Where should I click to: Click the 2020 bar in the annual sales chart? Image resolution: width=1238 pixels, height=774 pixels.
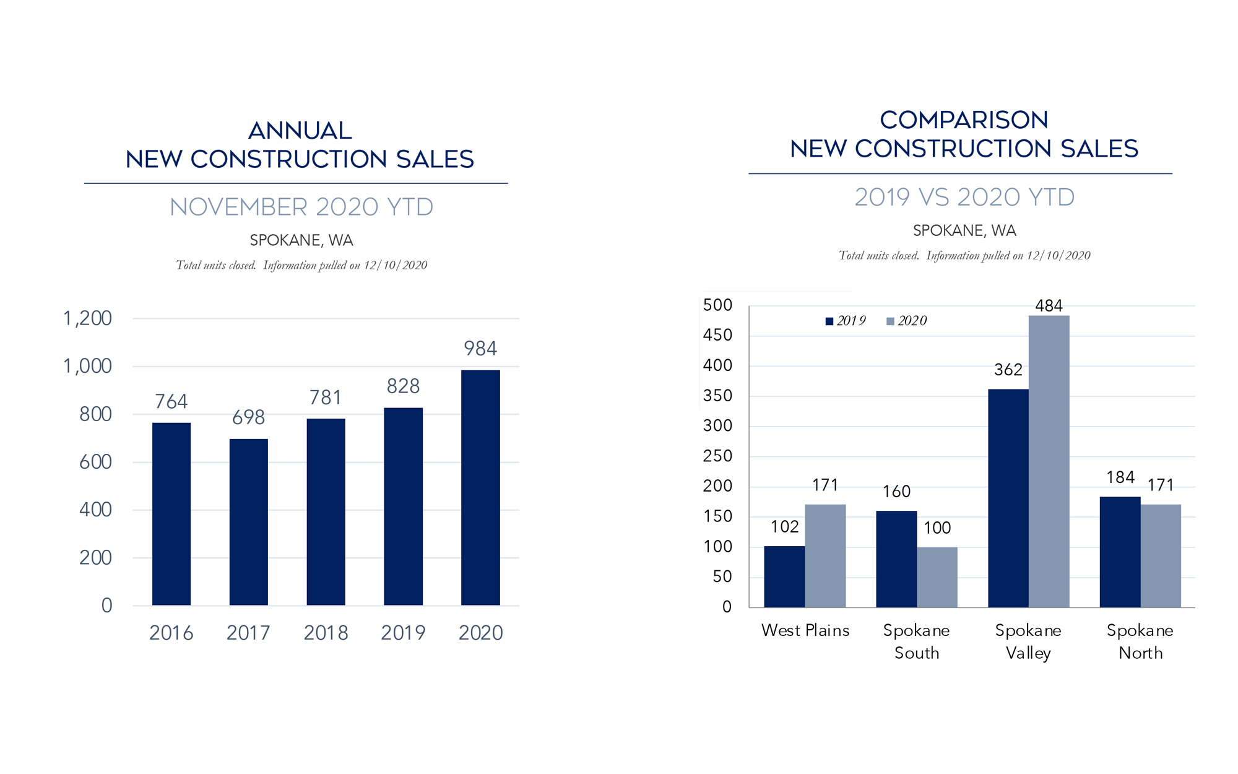pyautogui.click(x=480, y=487)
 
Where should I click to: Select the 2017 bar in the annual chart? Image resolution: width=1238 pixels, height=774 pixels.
pyautogui.click(x=248, y=522)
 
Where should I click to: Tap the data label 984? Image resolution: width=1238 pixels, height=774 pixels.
pyautogui.click(x=480, y=349)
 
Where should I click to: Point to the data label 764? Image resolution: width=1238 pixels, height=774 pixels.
pyautogui.click(x=171, y=401)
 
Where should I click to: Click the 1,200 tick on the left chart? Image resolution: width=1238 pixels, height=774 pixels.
pyautogui.click(x=87, y=318)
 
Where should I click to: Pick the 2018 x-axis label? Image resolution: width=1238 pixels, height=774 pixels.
pyautogui.click(x=326, y=633)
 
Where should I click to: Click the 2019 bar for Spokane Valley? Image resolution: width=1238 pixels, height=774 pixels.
pyautogui.click(x=1008, y=498)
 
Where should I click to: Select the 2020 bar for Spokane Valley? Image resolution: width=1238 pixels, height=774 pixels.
pyautogui.click(x=1049, y=461)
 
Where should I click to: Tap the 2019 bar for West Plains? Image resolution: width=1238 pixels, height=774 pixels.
pyautogui.click(x=784, y=576)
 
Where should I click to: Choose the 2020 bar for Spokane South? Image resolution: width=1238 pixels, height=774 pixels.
pyautogui.click(x=937, y=577)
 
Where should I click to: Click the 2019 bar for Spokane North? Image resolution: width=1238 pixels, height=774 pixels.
pyautogui.click(x=1120, y=552)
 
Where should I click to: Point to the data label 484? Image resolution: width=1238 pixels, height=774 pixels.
pyautogui.click(x=1049, y=305)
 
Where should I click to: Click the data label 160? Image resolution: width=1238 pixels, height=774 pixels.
pyautogui.click(x=896, y=492)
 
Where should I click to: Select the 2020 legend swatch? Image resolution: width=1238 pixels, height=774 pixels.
pyautogui.click(x=890, y=321)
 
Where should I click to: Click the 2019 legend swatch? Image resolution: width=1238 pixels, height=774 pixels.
pyautogui.click(x=829, y=321)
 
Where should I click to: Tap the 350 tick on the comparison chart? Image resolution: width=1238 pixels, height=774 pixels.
pyautogui.click(x=717, y=396)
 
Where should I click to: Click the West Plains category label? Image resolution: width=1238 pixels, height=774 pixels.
pyautogui.click(x=805, y=630)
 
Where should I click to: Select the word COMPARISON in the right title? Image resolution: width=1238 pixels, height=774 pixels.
pyautogui.click(x=964, y=120)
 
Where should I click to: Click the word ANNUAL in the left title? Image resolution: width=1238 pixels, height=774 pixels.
pyautogui.click(x=300, y=131)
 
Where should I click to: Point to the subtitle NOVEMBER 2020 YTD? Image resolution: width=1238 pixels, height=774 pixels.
pyautogui.click(x=301, y=207)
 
